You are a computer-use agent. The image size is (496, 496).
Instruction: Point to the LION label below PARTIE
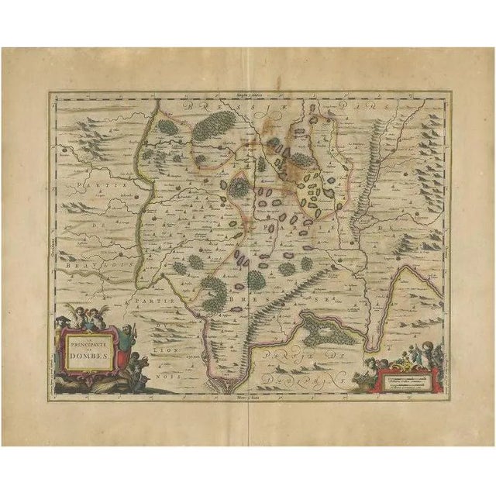coord(165,329)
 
